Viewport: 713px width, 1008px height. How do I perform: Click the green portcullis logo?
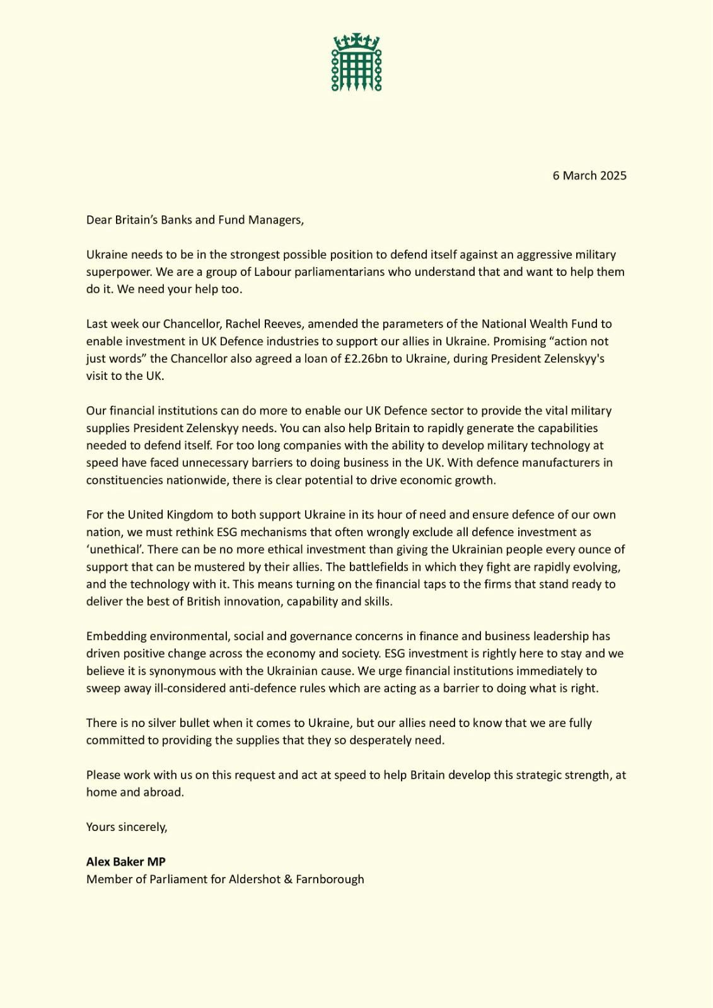point(357,63)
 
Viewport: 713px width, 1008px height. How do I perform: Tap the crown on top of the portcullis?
point(357,42)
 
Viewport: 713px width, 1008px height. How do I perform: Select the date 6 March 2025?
point(589,176)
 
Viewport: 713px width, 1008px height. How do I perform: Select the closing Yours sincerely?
point(127,827)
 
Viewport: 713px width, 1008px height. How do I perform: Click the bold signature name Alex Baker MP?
point(126,862)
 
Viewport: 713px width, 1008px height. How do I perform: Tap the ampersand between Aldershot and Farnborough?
point(289,879)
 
